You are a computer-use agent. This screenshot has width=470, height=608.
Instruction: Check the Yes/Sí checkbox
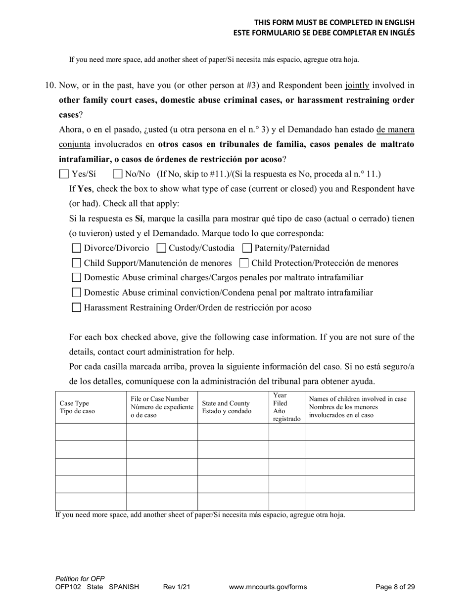[x=64, y=174]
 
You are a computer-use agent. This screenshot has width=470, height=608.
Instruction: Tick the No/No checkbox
[x=118, y=174]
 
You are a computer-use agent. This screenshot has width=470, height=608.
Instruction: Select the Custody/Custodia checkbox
[x=161, y=248]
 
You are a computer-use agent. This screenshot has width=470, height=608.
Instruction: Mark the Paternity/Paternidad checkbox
[x=247, y=248]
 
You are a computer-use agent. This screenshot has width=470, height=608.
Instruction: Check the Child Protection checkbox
[x=244, y=263]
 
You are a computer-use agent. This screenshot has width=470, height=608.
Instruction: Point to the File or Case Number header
[x=162, y=407]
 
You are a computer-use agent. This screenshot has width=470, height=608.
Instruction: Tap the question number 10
[x=50, y=86]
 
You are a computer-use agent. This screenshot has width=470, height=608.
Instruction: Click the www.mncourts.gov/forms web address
[x=268, y=587]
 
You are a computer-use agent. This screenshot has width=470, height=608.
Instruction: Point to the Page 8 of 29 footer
[x=395, y=587]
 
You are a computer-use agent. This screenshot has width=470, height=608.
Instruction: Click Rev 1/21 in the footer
[x=177, y=587]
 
